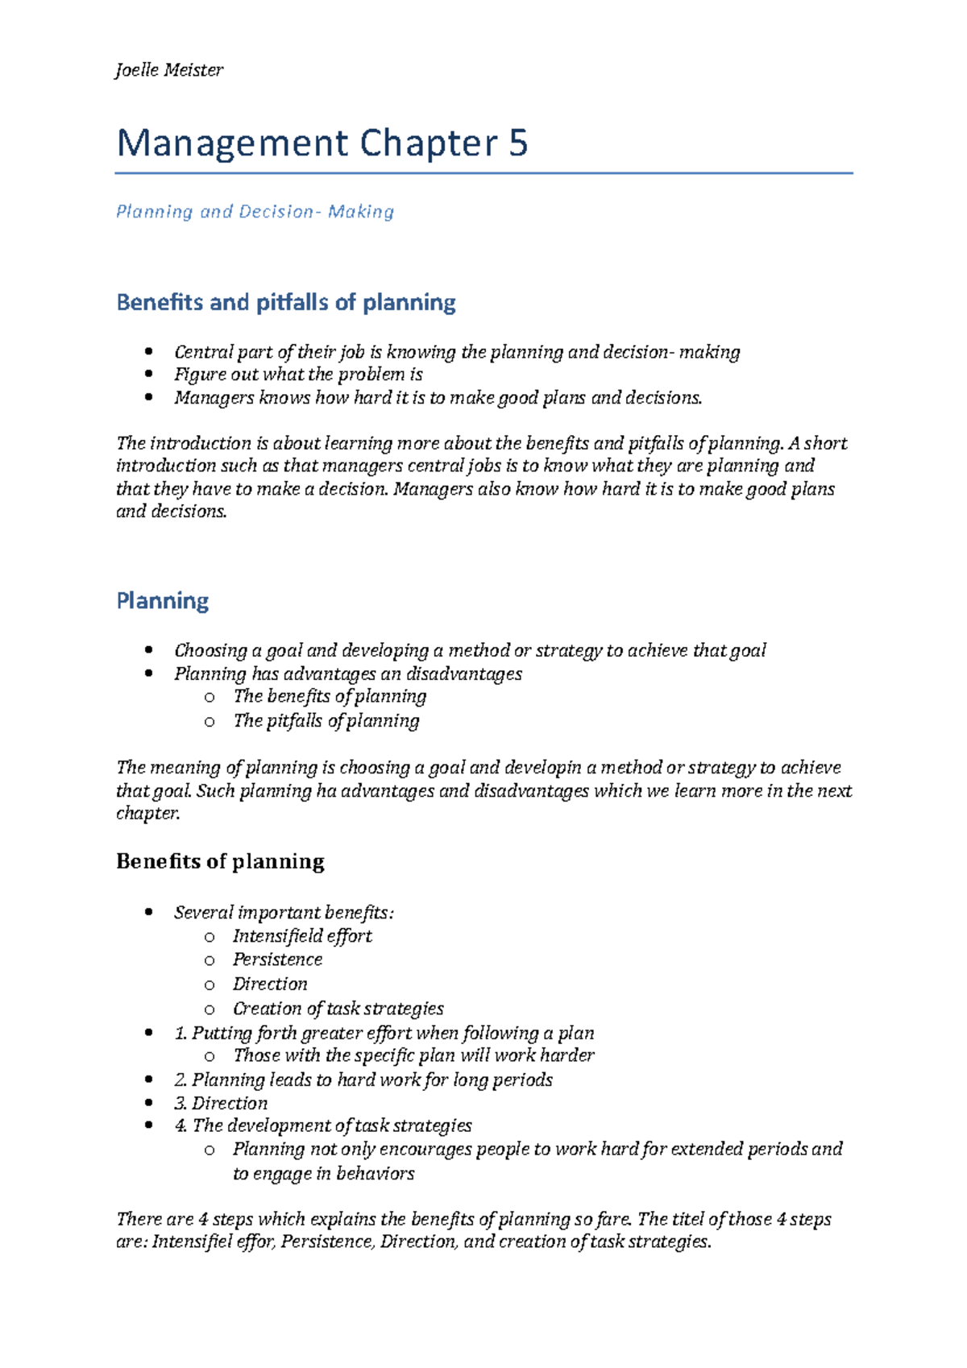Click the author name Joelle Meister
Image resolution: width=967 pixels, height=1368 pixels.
click(x=169, y=70)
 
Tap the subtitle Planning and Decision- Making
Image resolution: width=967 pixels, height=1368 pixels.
click(x=255, y=212)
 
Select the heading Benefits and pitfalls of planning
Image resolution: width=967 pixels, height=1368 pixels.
click(x=286, y=302)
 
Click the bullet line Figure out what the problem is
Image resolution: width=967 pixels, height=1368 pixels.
click(x=298, y=375)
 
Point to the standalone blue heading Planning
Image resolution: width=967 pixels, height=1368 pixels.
click(x=163, y=601)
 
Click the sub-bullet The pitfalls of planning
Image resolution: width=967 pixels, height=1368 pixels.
click(x=326, y=720)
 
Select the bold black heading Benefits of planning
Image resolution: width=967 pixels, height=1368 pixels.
click(x=220, y=861)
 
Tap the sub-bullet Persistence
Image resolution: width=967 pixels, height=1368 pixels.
click(x=278, y=960)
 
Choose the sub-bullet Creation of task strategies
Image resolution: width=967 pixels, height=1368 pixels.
click(x=338, y=1009)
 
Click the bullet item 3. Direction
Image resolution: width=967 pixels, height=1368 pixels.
click(x=221, y=1103)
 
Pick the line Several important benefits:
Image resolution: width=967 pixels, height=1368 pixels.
click(x=284, y=913)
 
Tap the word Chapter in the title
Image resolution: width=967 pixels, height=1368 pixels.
click(x=429, y=144)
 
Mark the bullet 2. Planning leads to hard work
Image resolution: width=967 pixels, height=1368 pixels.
click(x=363, y=1080)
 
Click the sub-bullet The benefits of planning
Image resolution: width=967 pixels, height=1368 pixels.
click(x=330, y=696)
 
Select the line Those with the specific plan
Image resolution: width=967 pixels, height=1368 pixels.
click(x=413, y=1055)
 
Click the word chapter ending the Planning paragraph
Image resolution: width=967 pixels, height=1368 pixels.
click(x=147, y=814)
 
